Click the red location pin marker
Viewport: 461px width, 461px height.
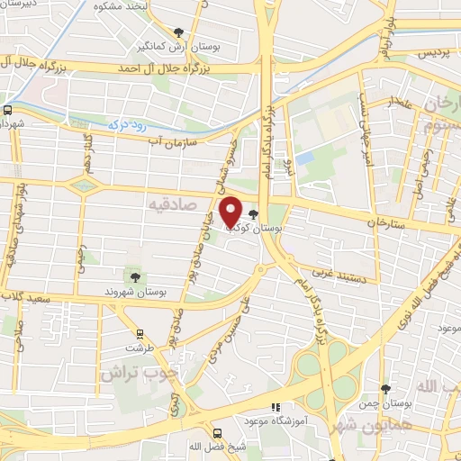tap(231, 212)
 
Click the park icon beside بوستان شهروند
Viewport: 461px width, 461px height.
tap(134, 276)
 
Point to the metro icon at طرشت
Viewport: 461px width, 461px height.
tap(139, 335)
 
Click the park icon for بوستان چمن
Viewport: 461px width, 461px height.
tap(386, 390)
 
